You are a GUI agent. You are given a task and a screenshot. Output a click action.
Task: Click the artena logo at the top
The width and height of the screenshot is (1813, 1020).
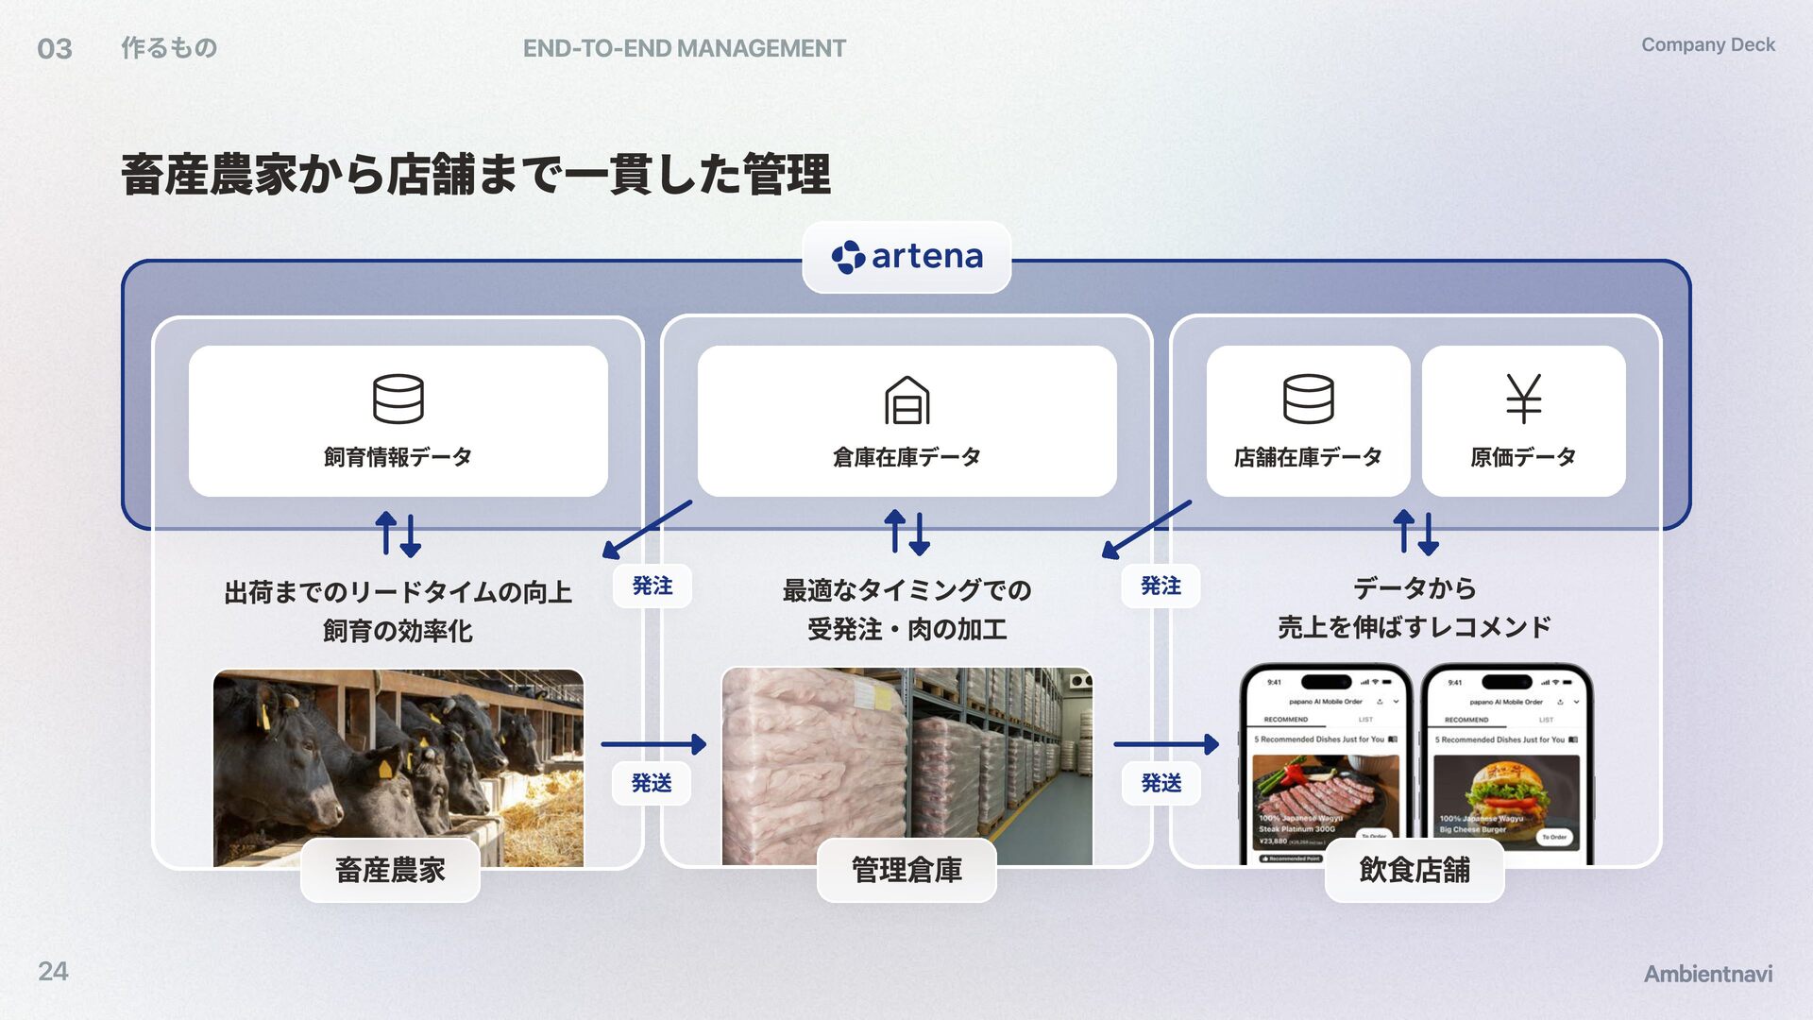(906, 257)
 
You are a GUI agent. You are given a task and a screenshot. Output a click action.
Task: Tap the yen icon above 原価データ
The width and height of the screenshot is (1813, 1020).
(1523, 399)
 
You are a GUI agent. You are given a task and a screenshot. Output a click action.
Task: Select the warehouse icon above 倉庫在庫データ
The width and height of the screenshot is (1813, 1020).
(906, 399)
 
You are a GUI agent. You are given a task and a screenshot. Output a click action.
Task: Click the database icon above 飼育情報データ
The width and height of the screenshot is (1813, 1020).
(398, 399)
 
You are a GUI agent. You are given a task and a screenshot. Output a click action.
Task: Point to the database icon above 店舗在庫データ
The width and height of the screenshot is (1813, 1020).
(1308, 399)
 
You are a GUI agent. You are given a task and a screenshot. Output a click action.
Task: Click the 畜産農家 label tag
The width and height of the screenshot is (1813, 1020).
(390, 870)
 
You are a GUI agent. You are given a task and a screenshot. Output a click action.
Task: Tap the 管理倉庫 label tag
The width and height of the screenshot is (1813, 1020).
(906, 870)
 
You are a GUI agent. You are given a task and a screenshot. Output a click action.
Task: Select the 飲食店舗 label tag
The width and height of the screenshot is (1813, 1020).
(1414, 870)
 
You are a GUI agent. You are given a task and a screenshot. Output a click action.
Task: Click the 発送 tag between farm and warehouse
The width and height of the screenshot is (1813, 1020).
(652, 783)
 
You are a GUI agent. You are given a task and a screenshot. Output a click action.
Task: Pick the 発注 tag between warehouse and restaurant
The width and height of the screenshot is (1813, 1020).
(1161, 586)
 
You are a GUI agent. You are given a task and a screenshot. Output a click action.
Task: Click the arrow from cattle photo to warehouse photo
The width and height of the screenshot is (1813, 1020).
(653, 744)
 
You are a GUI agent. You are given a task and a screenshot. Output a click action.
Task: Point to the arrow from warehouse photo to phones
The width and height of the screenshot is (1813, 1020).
(1166, 744)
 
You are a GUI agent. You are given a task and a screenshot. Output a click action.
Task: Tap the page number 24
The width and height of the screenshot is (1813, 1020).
(53, 971)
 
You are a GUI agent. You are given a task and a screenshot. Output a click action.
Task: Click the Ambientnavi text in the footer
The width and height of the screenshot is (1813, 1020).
(1707, 974)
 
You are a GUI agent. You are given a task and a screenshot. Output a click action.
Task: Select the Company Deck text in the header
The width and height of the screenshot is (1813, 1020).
(1707, 45)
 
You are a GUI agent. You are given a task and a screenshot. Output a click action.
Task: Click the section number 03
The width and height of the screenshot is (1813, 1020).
(55, 49)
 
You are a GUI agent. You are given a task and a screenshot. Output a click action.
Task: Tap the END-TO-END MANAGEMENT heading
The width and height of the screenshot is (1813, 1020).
(684, 49)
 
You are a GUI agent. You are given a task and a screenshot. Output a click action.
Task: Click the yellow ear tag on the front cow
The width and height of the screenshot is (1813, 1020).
(385, 769)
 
